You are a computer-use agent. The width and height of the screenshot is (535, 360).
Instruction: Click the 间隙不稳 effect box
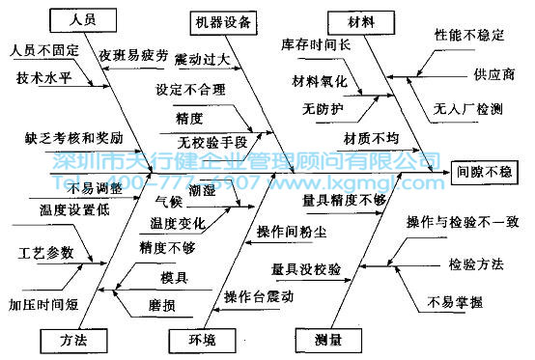pyautogui.click(x=487, y=171)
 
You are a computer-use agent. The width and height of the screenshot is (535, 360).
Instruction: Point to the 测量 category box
pyautogui.click(x=324, y=339)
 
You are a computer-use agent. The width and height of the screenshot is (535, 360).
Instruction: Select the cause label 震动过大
pyautogui.click(x=202, y=60)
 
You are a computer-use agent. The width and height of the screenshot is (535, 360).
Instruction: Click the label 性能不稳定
pyautogui.click(x=469, y=35)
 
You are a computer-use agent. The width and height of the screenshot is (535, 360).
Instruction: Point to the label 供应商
pyautogui.click(x=493, y=73)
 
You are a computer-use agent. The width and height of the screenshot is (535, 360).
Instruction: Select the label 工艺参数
pyautogui.click(x=45, y=253)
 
